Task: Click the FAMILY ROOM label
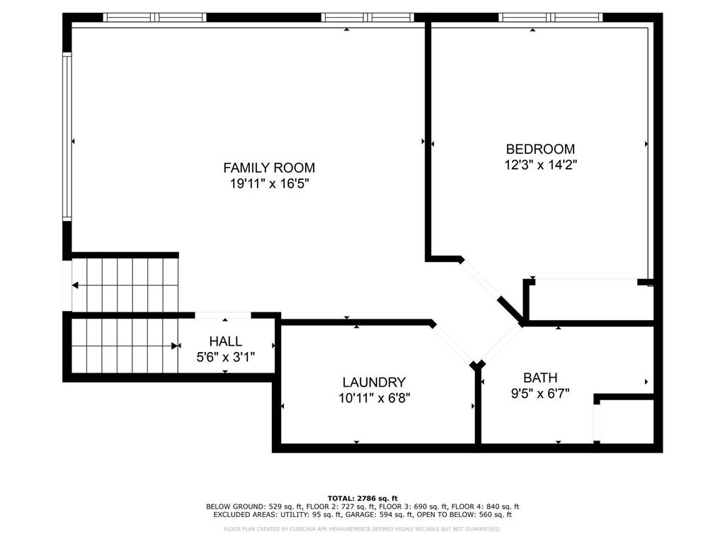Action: click(269, 168)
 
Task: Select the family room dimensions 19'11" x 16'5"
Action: click(269, 184)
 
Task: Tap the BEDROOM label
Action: click(540, 149)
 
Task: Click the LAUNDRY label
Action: click(374, 382)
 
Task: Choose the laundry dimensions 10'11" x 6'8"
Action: click(374, 397)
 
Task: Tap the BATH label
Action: click(540, 377)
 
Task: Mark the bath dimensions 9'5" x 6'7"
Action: click(540, 392)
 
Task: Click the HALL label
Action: click(225, 341)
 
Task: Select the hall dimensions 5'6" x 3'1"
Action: click(225, 357)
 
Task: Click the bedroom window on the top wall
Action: click(550, 18)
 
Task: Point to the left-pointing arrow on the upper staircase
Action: click(75, 285)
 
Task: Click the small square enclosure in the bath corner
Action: click(624, 422)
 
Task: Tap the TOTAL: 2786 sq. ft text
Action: click(362, 498)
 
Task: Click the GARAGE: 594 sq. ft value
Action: click(368, 515)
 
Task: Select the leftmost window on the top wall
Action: click(154, 18)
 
